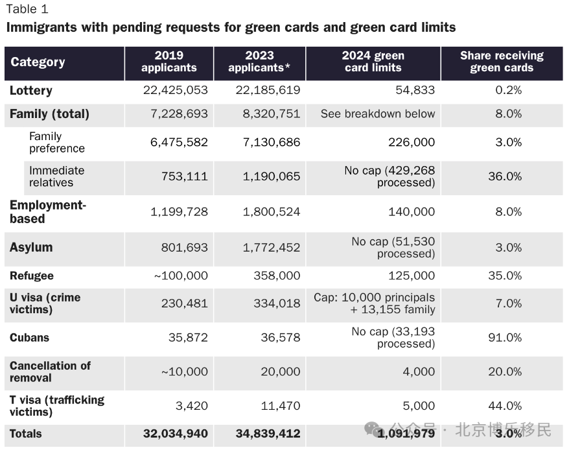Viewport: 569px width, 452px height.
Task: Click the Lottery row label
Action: [31, 90]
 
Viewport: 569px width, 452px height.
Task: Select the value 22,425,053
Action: [175, 90]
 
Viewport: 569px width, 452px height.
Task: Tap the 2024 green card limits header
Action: [373, 62]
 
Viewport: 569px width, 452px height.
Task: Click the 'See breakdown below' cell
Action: [378, 113]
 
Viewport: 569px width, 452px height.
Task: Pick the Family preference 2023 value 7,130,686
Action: [272, 142]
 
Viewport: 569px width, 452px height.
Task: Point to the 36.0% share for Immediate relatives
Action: [505, 176]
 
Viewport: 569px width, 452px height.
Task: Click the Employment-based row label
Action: [48, 211]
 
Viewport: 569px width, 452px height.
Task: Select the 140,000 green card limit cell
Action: [412, 211]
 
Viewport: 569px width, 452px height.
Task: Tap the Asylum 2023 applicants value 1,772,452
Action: [272, 247]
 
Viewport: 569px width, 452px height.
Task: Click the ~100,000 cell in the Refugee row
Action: [181, 276]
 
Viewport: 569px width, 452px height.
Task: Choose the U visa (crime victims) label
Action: [45, 303]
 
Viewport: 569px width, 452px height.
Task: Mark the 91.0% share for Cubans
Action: [505, 337]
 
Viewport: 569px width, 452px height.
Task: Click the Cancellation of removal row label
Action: [50, 372]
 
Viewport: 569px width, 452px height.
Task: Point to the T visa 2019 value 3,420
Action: [192, 405]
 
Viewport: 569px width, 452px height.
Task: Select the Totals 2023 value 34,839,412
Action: [268, 433]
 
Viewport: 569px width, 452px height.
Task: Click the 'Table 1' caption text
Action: [27, 9]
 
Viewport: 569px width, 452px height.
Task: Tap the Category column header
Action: [38, 62]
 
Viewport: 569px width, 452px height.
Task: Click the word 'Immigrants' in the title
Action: [41, 28]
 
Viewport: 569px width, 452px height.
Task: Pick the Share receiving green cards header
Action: [502, 62]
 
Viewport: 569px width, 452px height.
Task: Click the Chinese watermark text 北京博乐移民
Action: [503, 430]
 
